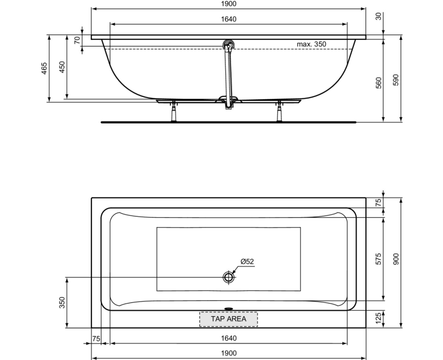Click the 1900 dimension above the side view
coord(229,4)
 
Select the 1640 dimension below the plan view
coord(229,338)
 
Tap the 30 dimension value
coord(379,17)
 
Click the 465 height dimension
coord(44,68)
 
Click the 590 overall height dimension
coord(395,79)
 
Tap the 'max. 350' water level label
coord(311,44)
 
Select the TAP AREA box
coord(229,318)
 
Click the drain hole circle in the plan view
coord(229,277)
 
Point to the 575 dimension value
coord(379,259)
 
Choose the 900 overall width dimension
coord(395,259)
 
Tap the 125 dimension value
coord(379,318)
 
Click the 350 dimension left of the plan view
coord(62,302)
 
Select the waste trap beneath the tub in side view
coord(228,102)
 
